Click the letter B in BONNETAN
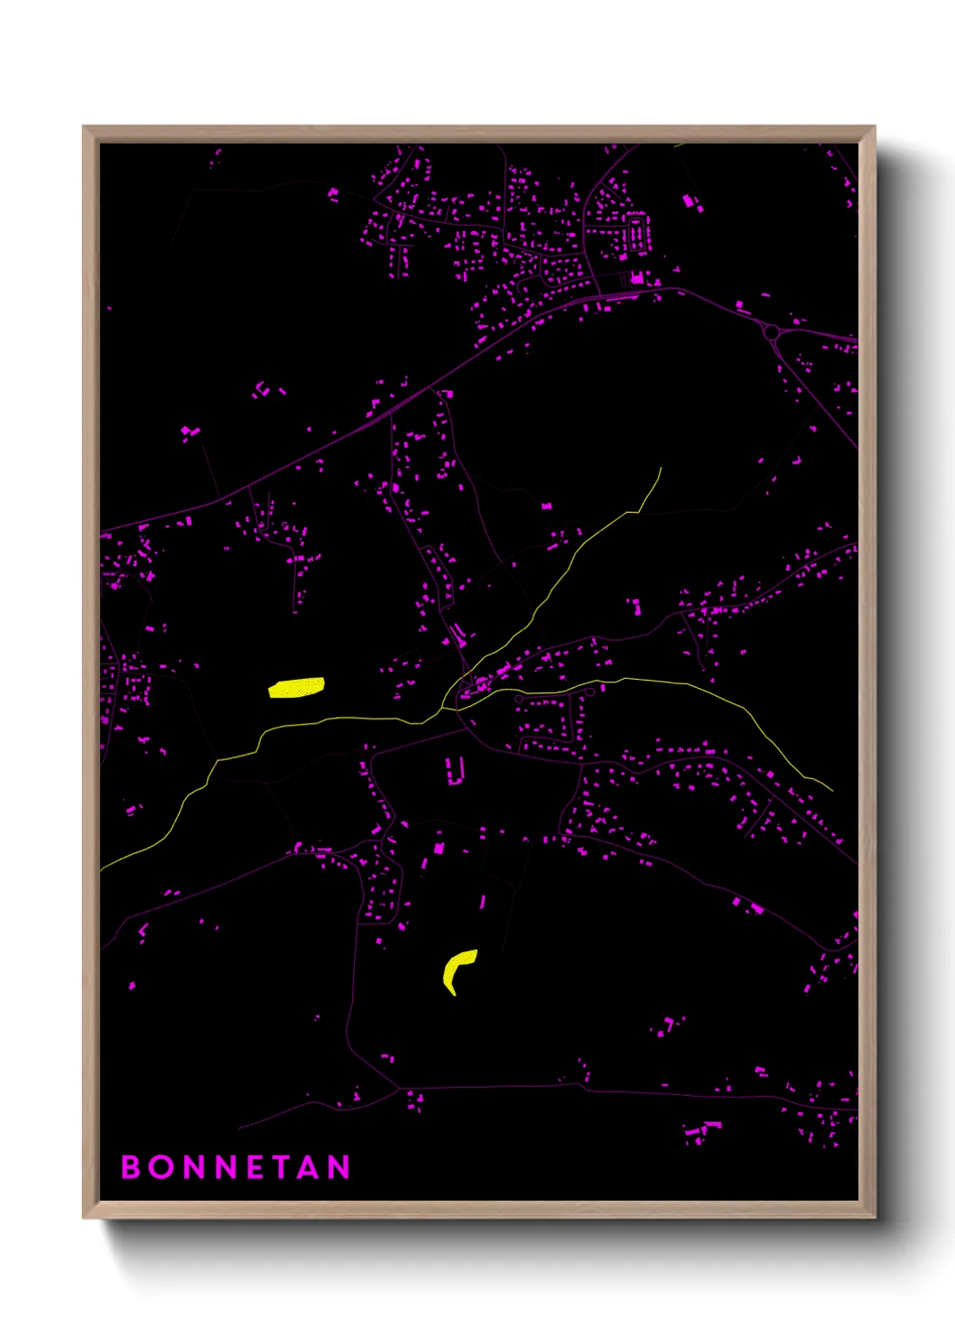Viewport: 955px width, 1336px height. [x=130, y=1167]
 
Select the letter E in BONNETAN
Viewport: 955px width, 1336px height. [x=255, y=1167]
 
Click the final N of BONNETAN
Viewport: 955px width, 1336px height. [x=339, y=1167]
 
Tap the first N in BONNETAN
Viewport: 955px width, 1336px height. [x=193, y=1167]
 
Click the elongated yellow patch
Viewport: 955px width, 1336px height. [x=296, y=688]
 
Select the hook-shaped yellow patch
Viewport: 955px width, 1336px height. [x=456, y=970]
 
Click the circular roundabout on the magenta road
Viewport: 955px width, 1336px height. [x=771, y=333]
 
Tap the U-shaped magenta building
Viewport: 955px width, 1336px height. [x=454, y=771]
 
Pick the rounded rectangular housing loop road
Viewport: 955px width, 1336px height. [x=636, y=233]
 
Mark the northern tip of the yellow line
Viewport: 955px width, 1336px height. [x=661, y=469]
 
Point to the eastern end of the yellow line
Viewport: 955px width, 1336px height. [x=831, y=790]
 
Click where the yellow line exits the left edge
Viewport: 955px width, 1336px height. [x=101, y=869]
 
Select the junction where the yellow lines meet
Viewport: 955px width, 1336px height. [x=444, y=708]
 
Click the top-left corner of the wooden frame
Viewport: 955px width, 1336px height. [x=84, y=127]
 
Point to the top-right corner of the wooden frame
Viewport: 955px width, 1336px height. [x=875, y=127]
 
